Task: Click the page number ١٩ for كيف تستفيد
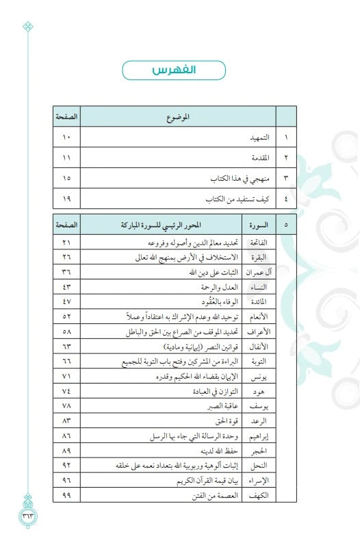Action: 66,199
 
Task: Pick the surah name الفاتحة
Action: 259,243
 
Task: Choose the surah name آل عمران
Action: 257,272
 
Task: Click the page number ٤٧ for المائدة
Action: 66,301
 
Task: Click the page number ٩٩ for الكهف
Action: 66,494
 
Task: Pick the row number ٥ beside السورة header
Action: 286,224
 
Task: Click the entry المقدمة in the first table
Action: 259,158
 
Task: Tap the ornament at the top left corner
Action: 28,27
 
